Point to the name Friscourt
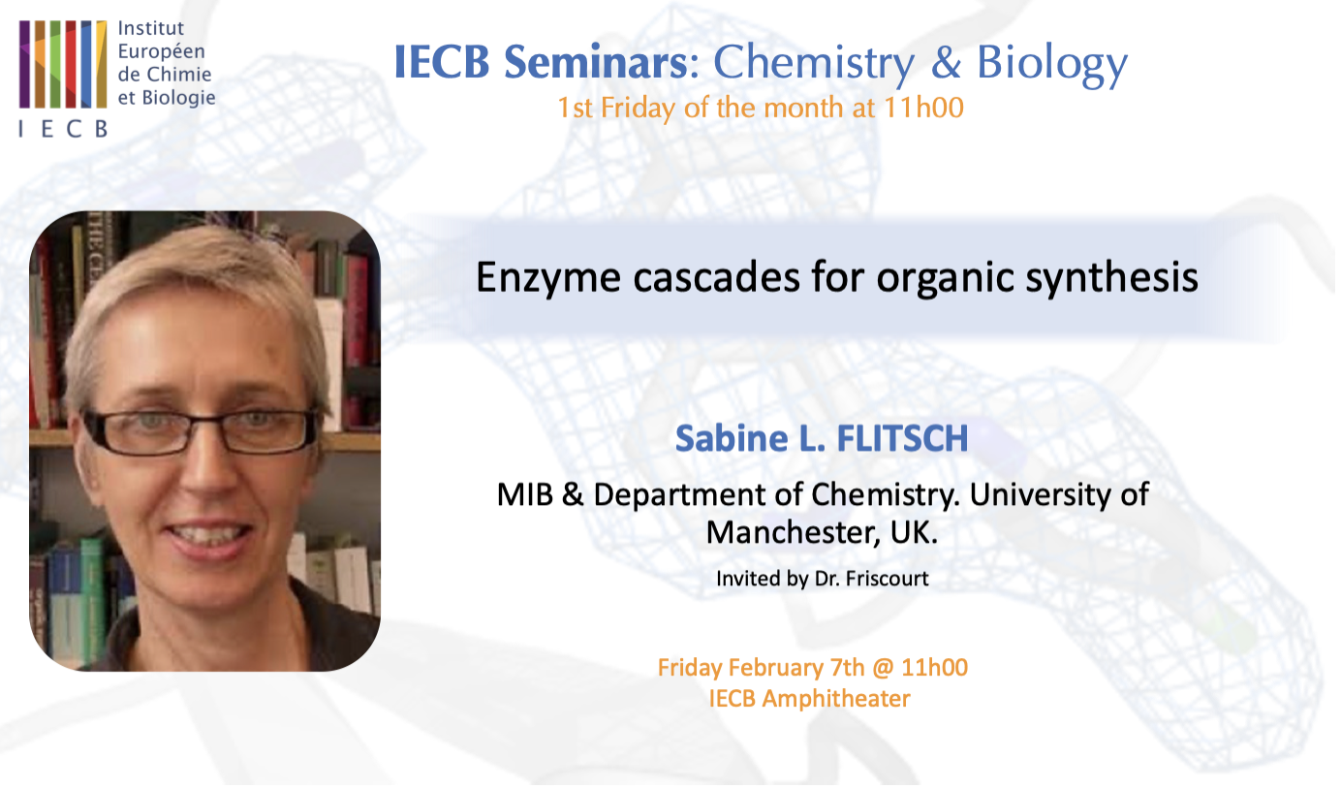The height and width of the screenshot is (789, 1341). click(886, 579)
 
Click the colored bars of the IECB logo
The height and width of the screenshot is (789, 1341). click(63, 64)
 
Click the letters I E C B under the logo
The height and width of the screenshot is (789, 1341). click(62, 129)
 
